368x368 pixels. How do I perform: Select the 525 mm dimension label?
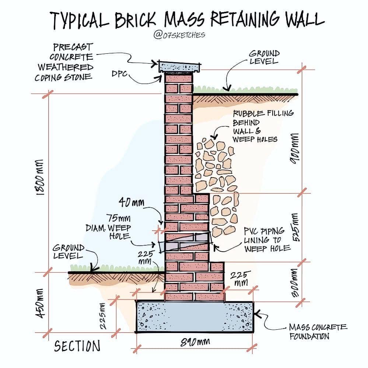tap(295, 227)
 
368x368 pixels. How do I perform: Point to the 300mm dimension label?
tap(295, 283)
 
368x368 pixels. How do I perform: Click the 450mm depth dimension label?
tap(40, 304)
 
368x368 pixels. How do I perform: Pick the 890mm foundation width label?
tap(195, 342)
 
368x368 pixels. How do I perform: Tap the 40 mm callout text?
tap(132, 202)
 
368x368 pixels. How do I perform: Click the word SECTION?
tap(77, 346)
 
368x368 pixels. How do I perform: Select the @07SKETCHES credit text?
tap(179, 35)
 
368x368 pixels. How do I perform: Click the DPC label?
tap(119, 74)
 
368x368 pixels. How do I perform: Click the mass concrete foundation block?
tap(194, 317)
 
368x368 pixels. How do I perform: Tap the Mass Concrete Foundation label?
tap(318, 332)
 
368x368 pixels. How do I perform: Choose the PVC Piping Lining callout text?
tap(267, 239)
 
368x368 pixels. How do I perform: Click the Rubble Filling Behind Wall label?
tap(263, 126)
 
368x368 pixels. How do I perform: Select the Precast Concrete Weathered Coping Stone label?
tap(64, 62)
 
